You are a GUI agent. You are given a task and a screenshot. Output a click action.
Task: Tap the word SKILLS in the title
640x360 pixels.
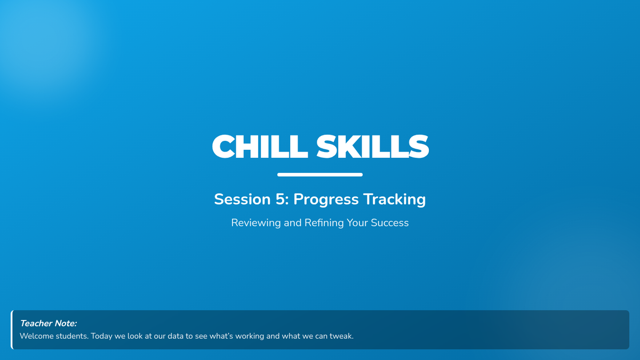(x=373, y=146)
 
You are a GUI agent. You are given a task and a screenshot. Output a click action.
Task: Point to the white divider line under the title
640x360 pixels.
(x=320, y=174)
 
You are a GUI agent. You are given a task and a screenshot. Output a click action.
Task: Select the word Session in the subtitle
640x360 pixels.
(x=242, y=199)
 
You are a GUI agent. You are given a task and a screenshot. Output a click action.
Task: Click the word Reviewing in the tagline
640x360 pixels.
(x=256, y=223)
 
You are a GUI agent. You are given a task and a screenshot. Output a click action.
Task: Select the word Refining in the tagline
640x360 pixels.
(x=324, y=223)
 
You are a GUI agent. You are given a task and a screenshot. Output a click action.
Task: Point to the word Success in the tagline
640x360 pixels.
(x=390, y=223)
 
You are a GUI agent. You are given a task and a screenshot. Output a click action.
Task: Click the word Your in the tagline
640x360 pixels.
(x=357, y=223)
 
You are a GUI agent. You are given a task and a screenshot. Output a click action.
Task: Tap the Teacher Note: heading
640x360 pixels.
(x=49, y=323)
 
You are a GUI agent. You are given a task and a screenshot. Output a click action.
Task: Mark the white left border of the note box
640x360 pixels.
(x=12, y=330)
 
